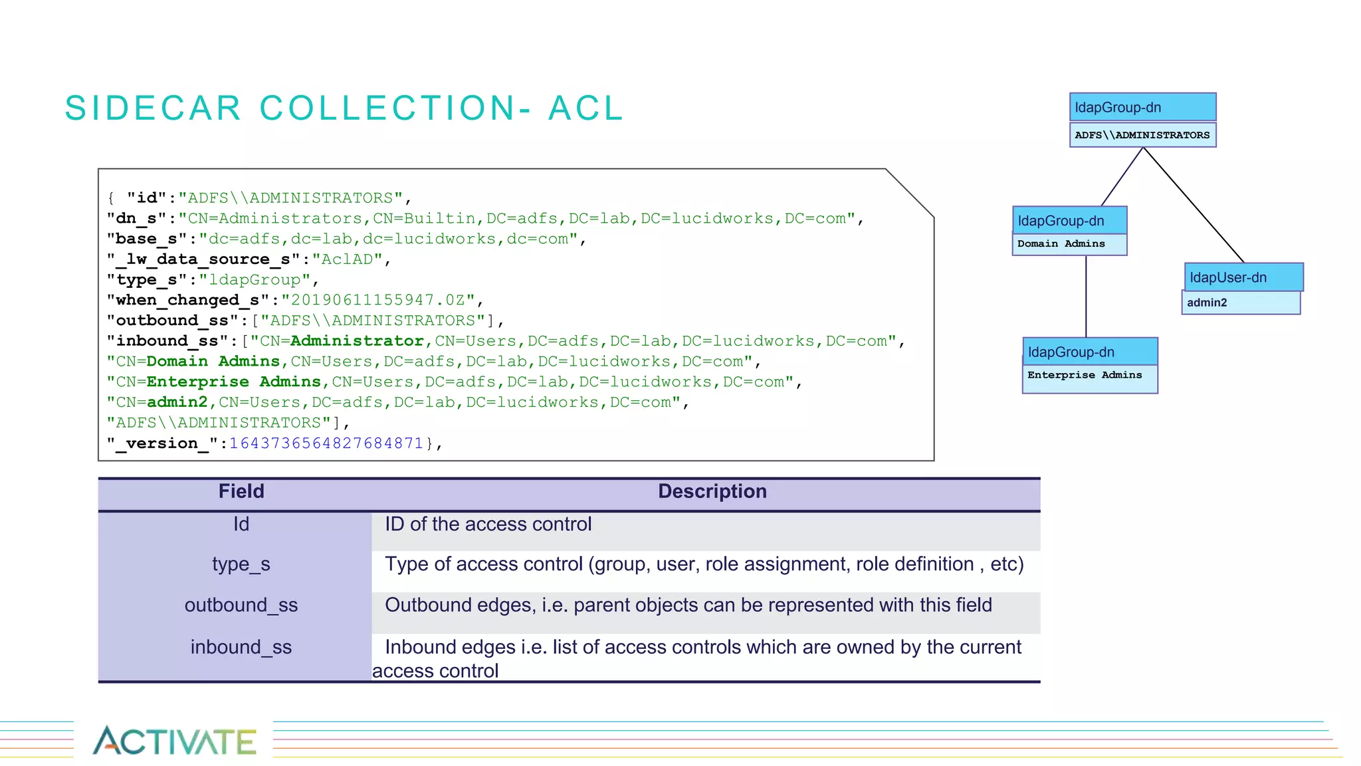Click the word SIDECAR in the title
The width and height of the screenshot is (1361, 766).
[153, 108]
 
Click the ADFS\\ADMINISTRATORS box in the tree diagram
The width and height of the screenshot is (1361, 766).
[1142, 135]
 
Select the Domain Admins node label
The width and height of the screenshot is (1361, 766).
[1061, 244]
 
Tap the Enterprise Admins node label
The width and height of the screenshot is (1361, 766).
[1085, 375]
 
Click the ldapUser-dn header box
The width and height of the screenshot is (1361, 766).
[1243, 277]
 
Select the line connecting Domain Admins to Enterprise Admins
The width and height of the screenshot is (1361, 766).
[1086, 296]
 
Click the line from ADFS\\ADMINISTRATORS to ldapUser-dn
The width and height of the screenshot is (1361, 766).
[1193, 205]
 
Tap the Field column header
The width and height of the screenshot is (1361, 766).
[241, 491]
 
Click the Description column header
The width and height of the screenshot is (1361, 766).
[712, 491]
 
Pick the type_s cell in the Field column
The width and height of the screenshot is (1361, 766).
[241, 565]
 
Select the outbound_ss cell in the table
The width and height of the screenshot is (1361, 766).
[241, 606]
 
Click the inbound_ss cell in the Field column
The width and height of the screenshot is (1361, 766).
[241, 647]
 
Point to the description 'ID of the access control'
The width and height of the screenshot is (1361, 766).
[488, 525]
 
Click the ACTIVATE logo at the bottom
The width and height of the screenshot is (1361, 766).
[174, 741]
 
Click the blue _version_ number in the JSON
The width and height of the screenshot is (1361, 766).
[326, 444]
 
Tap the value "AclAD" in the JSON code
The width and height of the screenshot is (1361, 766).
[346, 259]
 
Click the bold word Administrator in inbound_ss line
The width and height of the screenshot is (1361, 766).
[357, 341]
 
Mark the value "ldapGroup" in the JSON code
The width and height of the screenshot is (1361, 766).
[255, 280]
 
